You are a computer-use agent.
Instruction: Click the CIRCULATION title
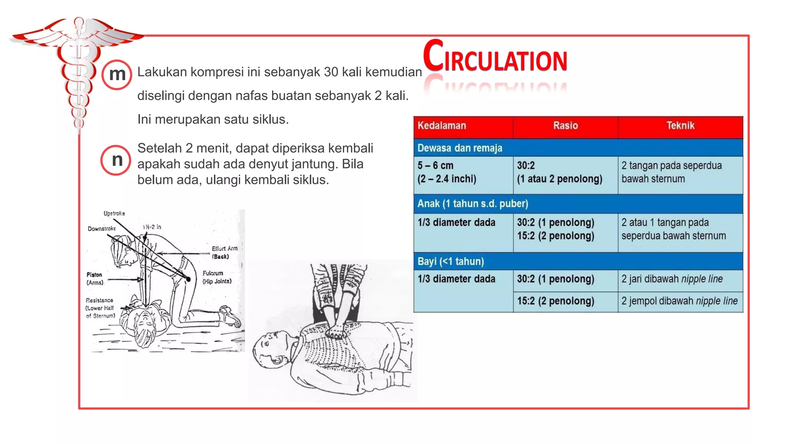(x=495, y=57)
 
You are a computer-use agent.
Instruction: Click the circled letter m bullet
(x=117, y=75)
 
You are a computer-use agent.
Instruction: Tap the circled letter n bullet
(x=116, y=160)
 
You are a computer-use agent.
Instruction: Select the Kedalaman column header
(x=442, y=126)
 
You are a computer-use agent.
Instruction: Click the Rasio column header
(x=565, y=126)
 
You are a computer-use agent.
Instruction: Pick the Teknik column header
(x=680, y=126)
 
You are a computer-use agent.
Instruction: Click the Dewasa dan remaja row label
(x=460, y=148)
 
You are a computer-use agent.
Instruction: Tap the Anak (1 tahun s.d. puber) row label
(x=472, y=203)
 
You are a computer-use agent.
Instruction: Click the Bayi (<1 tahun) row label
(x=450, y=261)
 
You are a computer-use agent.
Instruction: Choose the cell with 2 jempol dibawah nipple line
(x=679, y=301)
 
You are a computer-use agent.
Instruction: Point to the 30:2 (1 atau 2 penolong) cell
(x=559, y=172)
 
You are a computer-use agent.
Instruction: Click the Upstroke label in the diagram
(x=114, y=213)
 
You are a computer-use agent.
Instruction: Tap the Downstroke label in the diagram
(x=101, y=229)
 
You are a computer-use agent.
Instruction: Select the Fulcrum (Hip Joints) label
(x=217, y=277)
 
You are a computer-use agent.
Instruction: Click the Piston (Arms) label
(x=95, y=278)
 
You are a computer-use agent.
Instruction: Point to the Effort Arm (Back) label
(x=224, y=252)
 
